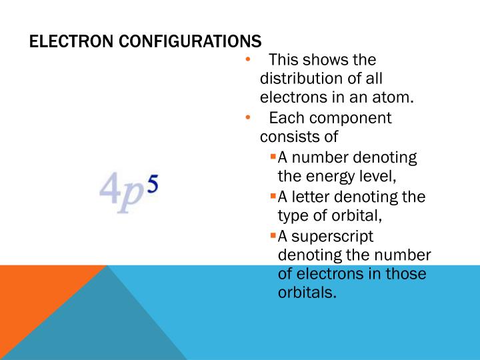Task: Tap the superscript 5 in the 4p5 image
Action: (x=152, y=184)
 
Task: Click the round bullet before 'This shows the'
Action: (x=247, y=61)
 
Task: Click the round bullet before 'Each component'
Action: (x=247, y=119)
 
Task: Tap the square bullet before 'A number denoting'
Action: (x=273, y=157)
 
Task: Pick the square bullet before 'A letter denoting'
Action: (x=273, y=196)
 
